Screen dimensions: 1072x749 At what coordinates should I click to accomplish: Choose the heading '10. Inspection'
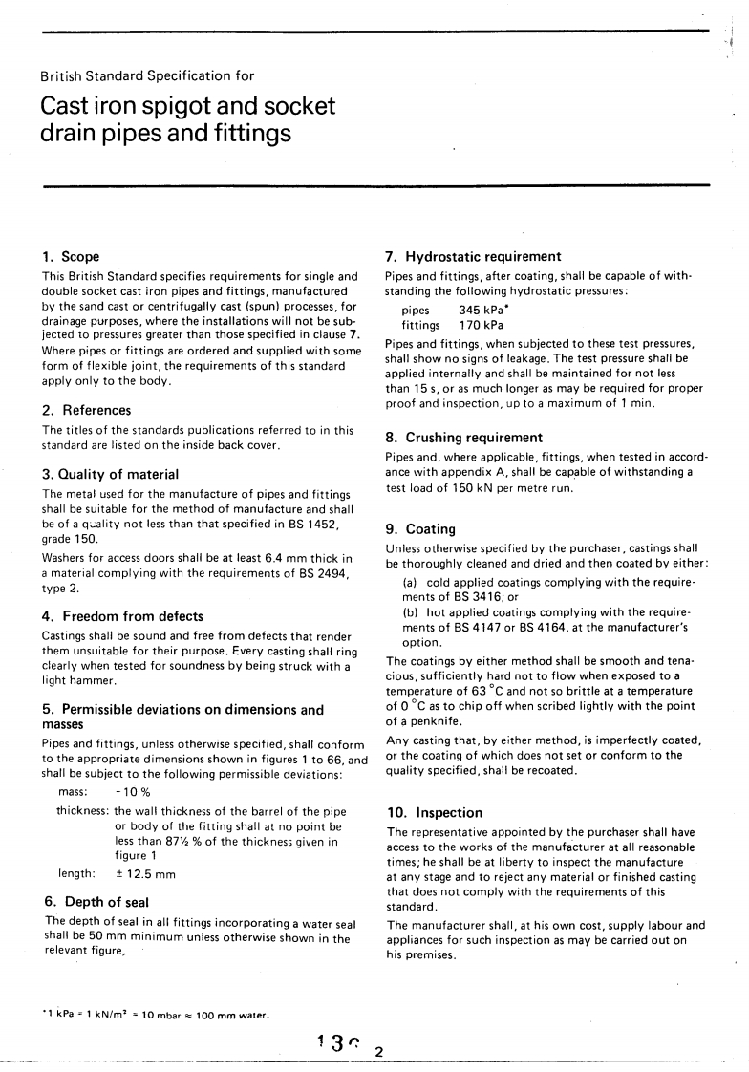click(x=434, y=812)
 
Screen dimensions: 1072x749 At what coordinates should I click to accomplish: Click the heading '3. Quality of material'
click(x=110, y=474)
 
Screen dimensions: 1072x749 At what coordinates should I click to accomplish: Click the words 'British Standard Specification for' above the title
click(x=147, y=75)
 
